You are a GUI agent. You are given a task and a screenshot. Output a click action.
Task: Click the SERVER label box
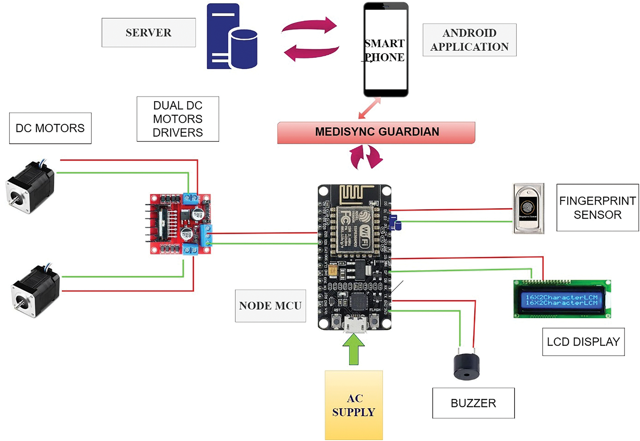[x=148, y=33]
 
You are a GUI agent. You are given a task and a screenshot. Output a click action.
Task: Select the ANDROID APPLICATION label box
[x=469, y=40]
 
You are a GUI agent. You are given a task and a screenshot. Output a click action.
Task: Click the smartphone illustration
[x=386, y=50]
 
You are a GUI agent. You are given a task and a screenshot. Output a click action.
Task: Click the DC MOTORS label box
[x=50, y=128]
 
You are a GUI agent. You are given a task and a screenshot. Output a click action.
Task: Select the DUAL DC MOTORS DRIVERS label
[x=178, y=119]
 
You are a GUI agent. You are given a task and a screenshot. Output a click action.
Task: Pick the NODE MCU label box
[x=270, y=306]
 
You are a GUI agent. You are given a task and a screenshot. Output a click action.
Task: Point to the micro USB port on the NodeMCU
[x=354, y=324]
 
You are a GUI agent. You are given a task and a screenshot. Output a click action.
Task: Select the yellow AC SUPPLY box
[x=354, y=405]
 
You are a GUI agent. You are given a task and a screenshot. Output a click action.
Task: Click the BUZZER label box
[x=473, y=403]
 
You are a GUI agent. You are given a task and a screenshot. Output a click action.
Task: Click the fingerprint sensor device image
[x=528, y=209]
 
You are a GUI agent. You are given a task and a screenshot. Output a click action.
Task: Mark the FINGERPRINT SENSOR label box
[x=597, y=208]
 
